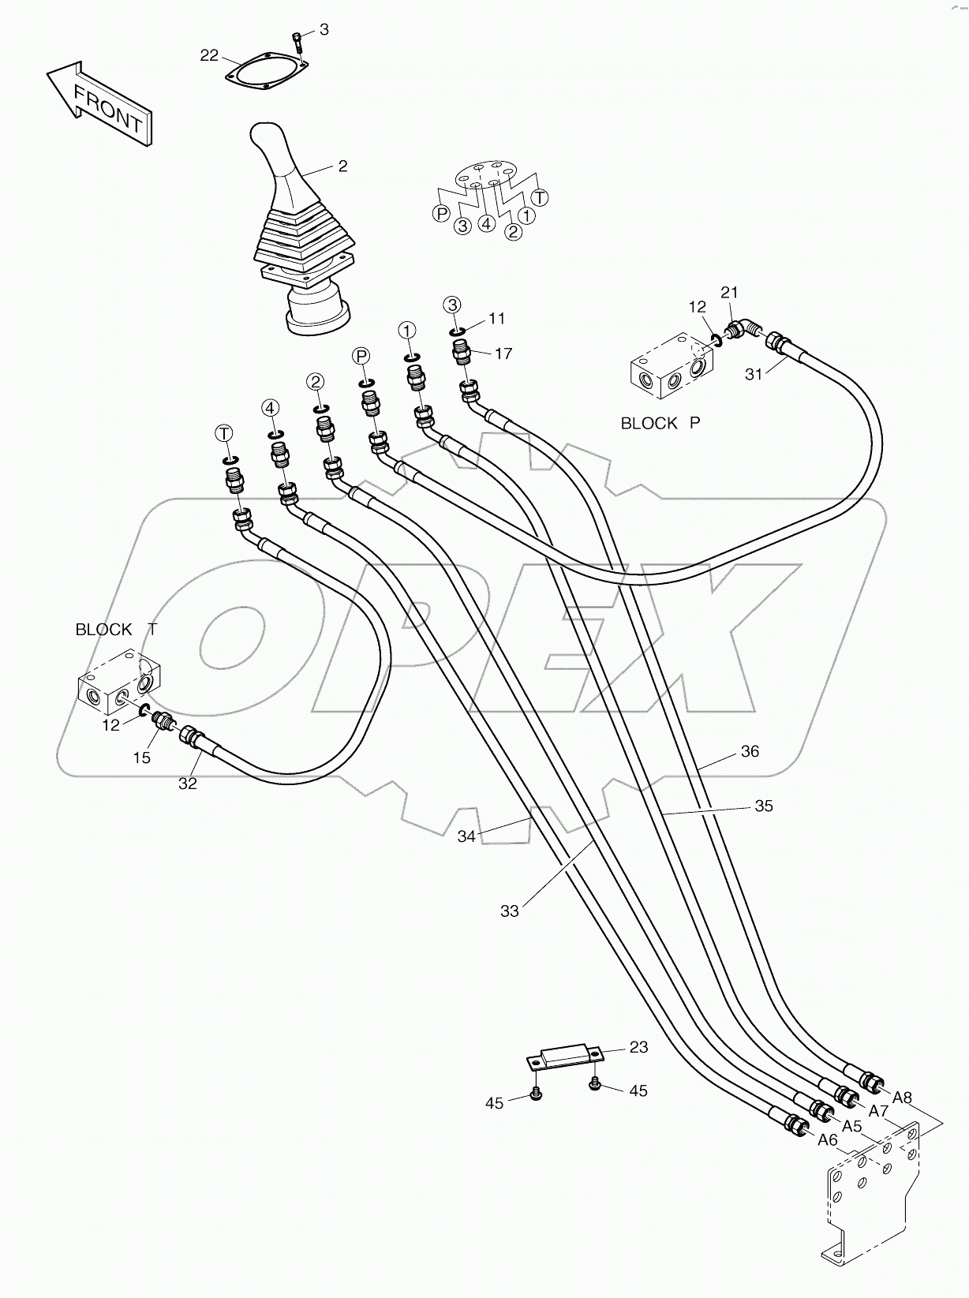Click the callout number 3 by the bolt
pos(323,29)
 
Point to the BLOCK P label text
pos(660,423)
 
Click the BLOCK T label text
pos(115,629)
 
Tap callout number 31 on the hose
pos(754,374)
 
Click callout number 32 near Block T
pos(187,783)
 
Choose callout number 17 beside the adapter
pos(503,353)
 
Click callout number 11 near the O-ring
pos(496,318)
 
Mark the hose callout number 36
pos(749,751)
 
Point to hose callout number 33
pos(510,911)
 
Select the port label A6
pos(827,1139)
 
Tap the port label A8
pos(902,1097)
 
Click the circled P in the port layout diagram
pos(441,213)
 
